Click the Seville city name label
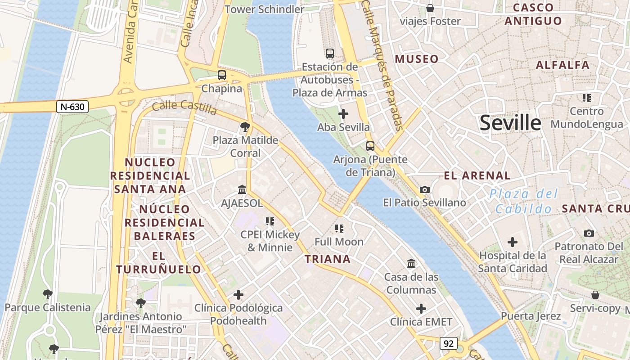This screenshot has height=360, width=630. (x=510, y=123)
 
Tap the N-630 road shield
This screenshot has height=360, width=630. (x=72, y=107)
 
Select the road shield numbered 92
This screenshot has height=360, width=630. (x=448, y=343)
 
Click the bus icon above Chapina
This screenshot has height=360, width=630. (x=222, y=75)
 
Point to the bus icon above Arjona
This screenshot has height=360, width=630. (x=370, y=146)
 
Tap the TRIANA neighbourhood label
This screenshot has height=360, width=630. (x=328, y=259)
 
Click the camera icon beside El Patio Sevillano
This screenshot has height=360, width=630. (x=424, y=189)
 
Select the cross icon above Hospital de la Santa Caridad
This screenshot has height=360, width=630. (x=512, y=242)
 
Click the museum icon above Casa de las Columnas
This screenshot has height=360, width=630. (x=411, y=263)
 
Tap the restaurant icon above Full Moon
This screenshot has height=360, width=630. (x=339, y=229)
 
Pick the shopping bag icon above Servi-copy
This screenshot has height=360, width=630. (x=595, y=295)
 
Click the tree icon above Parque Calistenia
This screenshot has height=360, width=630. (x=47, y=295)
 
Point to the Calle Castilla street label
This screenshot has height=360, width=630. (x=184, y=107)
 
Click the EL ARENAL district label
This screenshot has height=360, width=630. (x=477, y=175)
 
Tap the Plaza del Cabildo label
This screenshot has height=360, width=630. (x=524, y=201)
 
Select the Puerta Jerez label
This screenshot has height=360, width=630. (x=531, y=316)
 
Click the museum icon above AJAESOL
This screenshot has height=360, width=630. (x=242, y=189)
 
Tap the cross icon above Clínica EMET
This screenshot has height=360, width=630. (x=421, y=309)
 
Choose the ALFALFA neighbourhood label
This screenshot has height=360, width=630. (x=562, y=65)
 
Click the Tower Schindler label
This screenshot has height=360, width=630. (x=265, y=9)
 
